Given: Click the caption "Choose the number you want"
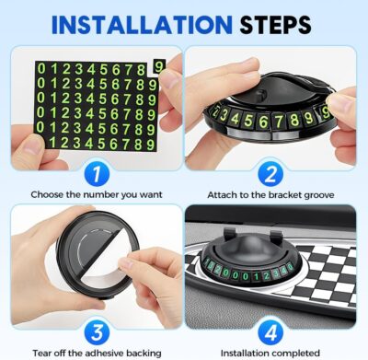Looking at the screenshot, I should (x=91, y=195).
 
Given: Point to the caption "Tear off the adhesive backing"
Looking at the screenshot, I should (x=91, y=351).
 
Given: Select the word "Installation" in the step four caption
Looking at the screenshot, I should (x=248, y=351).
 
